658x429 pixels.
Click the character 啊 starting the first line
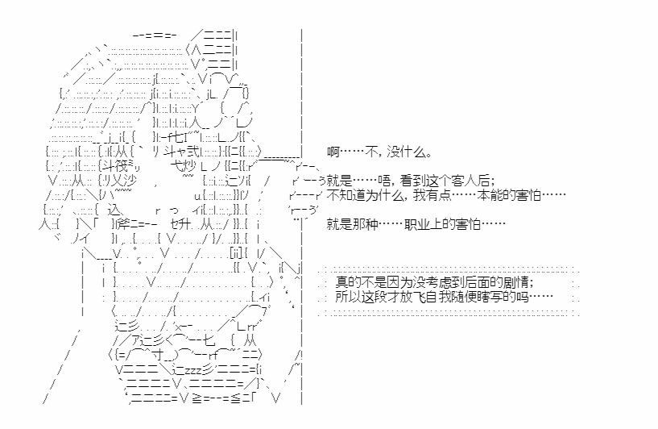pyautogui.click(x=333, y=152)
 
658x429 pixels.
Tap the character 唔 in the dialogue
pyautogui.click(x=384, y=181)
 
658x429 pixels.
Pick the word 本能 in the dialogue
pyautogui.click(x=490, y=195)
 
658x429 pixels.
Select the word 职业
pyautogui.click(x=417, y=224)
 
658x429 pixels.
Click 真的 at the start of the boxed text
pyautogui.click(x=348, y=282)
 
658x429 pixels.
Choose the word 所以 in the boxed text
pyautogui.click(x=348, y=297)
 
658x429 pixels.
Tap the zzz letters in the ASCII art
pyautogui.click(x=194, y=371)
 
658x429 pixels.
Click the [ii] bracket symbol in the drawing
pyautogui.click(x=236, y=253)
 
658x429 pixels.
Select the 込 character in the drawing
pyautogui.click(x=114, y=210)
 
